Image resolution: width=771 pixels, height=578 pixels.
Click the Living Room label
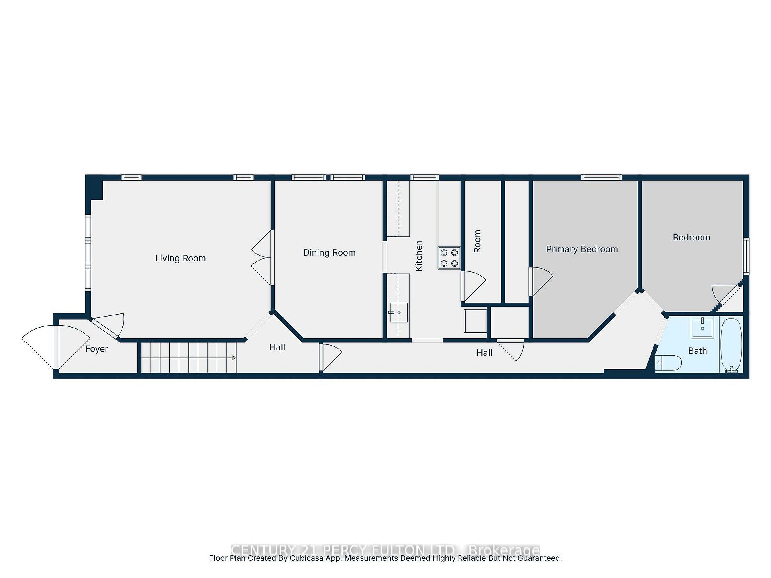coord(180,258)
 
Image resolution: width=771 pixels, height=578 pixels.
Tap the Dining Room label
coord(329,252)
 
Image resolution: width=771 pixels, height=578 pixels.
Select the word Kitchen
coord(419,256)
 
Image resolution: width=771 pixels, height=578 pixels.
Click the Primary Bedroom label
coord(582,249)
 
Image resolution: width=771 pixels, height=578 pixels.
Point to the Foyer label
coord(96,349)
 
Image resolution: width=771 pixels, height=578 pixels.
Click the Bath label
coord(698,351)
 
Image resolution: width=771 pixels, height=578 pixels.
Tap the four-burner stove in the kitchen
coord(449,258)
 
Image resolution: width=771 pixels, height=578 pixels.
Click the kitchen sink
coord(398,312)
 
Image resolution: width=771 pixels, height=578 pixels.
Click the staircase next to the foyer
coord(188,358)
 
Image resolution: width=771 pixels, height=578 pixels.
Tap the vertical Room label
coord(477,241)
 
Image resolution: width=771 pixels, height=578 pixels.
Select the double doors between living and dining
coord(262,258)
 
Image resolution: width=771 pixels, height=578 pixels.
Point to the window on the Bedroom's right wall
coord(746,256)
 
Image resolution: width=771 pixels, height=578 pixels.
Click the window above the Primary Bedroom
coord(601,177)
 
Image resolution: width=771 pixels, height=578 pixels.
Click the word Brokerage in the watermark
coord(504,550)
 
